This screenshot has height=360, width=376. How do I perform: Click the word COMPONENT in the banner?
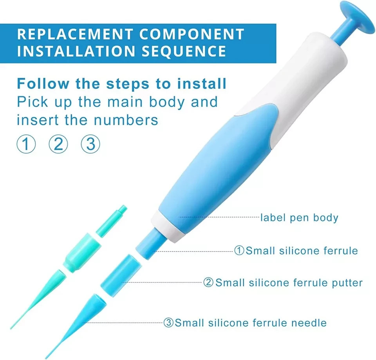[x=192, y=34]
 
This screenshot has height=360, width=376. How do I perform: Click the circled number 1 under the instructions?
[x=26, y=145]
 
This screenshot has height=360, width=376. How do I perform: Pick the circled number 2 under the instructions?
[x=58, y=145]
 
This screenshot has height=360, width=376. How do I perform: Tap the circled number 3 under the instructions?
[x=90, y=145]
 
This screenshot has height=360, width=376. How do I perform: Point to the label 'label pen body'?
[x=299, y=217]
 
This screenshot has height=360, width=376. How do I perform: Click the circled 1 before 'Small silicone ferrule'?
[x=239, y=250]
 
